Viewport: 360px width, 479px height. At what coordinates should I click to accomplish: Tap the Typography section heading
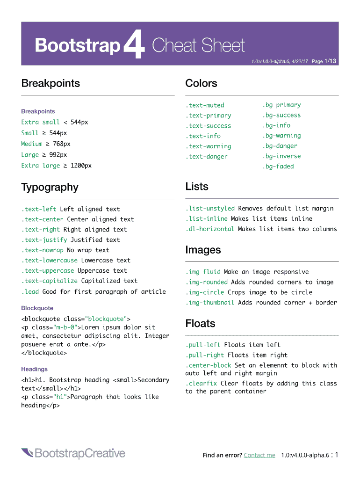(50, 187)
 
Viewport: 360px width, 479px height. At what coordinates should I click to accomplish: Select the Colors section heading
(201, 83)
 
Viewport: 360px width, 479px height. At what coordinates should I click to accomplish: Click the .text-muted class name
(205, 105)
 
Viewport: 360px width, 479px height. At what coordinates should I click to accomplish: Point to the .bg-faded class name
(278, 167)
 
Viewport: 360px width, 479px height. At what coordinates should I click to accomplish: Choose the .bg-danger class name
(280, 146)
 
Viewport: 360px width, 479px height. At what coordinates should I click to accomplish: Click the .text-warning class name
(208, 146)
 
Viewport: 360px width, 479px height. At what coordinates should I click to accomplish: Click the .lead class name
(30, 291)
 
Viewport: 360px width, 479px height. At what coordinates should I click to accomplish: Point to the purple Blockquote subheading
(37, 308)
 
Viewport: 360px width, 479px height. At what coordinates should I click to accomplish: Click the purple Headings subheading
(34, 369)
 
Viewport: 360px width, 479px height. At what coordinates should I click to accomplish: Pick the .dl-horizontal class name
(210, 229)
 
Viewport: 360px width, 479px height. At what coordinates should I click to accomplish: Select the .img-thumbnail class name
(210, 303)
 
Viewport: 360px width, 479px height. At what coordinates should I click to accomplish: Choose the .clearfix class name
(201, 384)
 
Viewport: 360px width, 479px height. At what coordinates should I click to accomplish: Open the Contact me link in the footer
(259, 455)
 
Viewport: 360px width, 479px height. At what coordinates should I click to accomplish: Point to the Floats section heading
(200, 323)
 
